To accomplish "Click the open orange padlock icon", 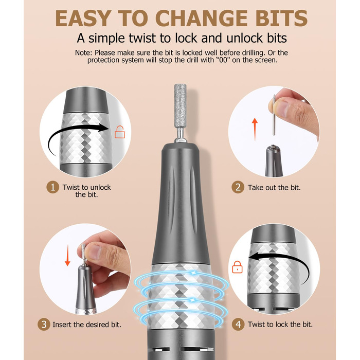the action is [120, 132].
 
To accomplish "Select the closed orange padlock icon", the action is [237, 267].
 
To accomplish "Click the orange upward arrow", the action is [255, 129].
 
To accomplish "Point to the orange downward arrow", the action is [67, 255].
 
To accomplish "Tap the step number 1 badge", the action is [53, 187].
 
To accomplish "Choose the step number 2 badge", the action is [238, 187].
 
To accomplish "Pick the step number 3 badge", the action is [44, 325].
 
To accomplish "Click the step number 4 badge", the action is [238, 325].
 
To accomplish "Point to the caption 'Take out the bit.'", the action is [274, 188].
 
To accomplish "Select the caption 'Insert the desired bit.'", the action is [87, 325].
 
